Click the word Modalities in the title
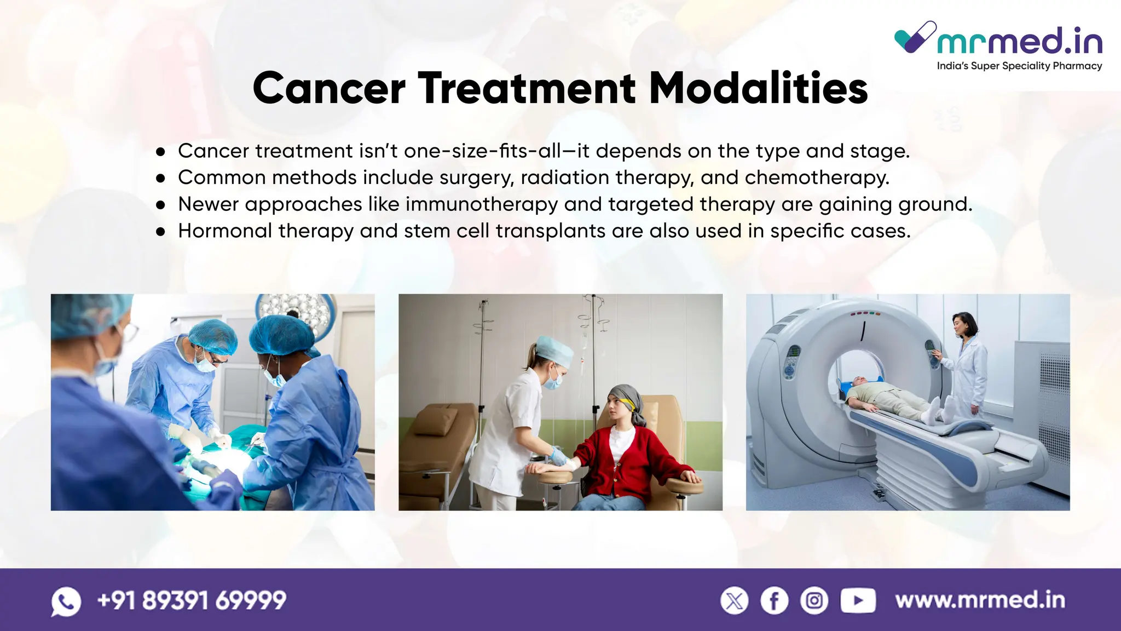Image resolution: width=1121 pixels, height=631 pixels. point(758,88)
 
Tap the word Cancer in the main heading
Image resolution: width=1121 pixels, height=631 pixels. point(329,88)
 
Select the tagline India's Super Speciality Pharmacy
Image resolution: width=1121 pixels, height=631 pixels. point(1019,66)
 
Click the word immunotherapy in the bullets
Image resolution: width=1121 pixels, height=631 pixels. point(482,204)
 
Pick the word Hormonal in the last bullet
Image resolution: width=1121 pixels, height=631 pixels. point(225,231)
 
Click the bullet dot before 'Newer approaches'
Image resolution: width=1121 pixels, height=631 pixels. point(160,205)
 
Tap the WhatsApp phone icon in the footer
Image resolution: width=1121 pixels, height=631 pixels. point(66,601)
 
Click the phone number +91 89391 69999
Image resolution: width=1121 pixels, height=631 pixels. point(192,600)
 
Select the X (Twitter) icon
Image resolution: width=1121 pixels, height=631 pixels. point(734,601)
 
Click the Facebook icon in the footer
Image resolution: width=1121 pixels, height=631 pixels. point(774,601)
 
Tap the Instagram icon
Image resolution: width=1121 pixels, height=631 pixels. point(814,601)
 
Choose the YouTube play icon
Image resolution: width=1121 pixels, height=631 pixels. point(858,601)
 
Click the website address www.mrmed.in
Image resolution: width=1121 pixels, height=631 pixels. point(980,600)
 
